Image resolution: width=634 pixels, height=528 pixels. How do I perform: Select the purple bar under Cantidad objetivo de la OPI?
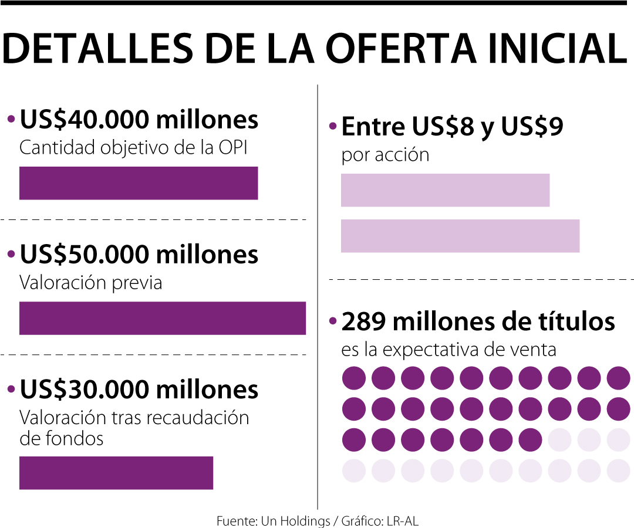(139, 183)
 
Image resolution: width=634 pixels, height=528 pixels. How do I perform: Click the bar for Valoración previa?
(163, 318)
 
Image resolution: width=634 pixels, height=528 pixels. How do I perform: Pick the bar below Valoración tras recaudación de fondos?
(116, 473)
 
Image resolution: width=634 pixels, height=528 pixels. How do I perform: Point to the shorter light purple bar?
(445, 190)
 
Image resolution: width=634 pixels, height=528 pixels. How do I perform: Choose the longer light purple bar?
(460, 236)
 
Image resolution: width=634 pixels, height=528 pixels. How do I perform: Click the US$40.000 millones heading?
(139, 120)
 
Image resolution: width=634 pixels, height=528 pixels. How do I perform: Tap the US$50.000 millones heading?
(139, 255)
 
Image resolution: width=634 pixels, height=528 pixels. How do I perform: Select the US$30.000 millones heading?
(139, 390)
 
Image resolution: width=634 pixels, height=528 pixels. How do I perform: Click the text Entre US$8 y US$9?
(452, 126)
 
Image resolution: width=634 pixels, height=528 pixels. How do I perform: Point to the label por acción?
(385, 155)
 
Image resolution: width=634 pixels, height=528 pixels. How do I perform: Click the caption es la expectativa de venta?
(448, 350)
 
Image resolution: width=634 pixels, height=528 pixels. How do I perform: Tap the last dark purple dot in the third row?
(530, 439)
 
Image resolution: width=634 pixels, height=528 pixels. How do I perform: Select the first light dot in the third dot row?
(559, 439)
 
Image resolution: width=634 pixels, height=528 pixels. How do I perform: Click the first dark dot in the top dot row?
(353, 378)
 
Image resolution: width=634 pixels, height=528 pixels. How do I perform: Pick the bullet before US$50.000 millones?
(11, 255)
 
